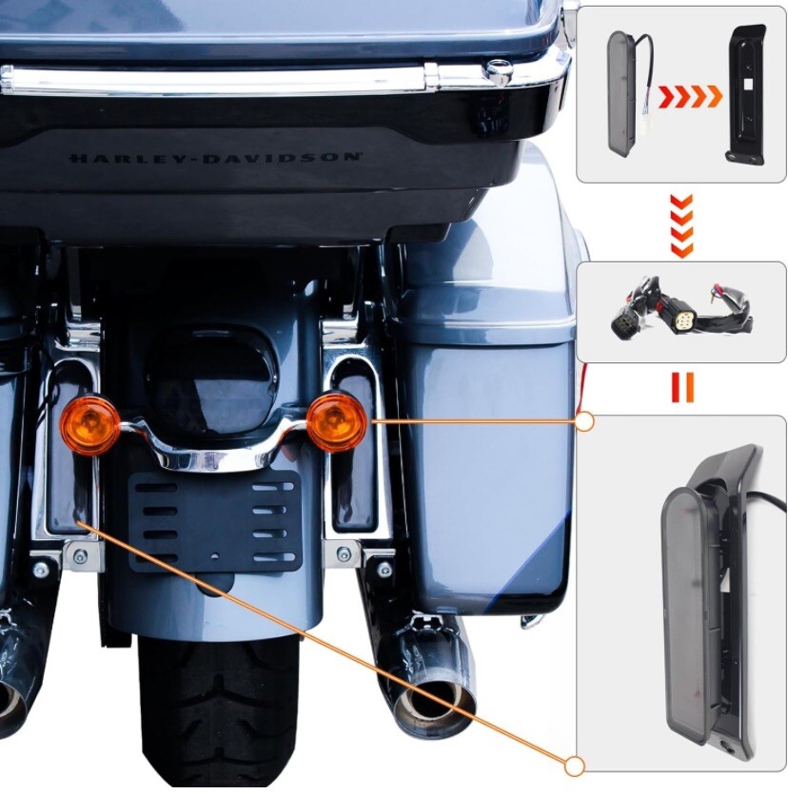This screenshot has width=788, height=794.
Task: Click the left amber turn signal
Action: tap(89, 425)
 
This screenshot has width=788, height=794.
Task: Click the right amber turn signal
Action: tap(337, 419)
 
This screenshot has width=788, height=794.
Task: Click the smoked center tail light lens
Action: tap(211, 375)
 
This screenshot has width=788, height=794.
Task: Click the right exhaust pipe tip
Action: tap(433, 704)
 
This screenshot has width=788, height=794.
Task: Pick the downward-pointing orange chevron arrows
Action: tap(681, 226)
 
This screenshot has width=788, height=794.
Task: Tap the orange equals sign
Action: tap(681, 387)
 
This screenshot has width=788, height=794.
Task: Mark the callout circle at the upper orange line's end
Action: tap(585, 420)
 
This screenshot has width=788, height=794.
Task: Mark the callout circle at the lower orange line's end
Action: tap(574, 765)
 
